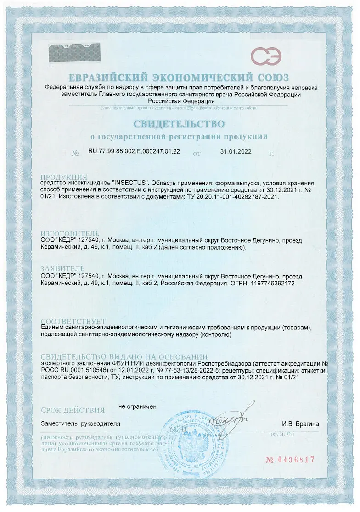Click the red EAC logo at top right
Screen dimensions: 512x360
[x=266, y=56]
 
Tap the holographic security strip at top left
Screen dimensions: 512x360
[x=75, y=53]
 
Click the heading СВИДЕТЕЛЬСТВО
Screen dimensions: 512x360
[x=179, y=124]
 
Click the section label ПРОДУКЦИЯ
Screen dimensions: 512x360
[x=64, y=177]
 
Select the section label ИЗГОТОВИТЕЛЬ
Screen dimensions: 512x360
[x=70, y=234]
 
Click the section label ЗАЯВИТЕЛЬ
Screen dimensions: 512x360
[x=62, y=268]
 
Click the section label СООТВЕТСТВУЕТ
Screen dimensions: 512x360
[x=73, y=321]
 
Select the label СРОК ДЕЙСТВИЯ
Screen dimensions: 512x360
[x=73, y=410]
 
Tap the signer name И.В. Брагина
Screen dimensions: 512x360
[x=300, y=424]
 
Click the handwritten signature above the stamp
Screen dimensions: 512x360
[x=234, y=417]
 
